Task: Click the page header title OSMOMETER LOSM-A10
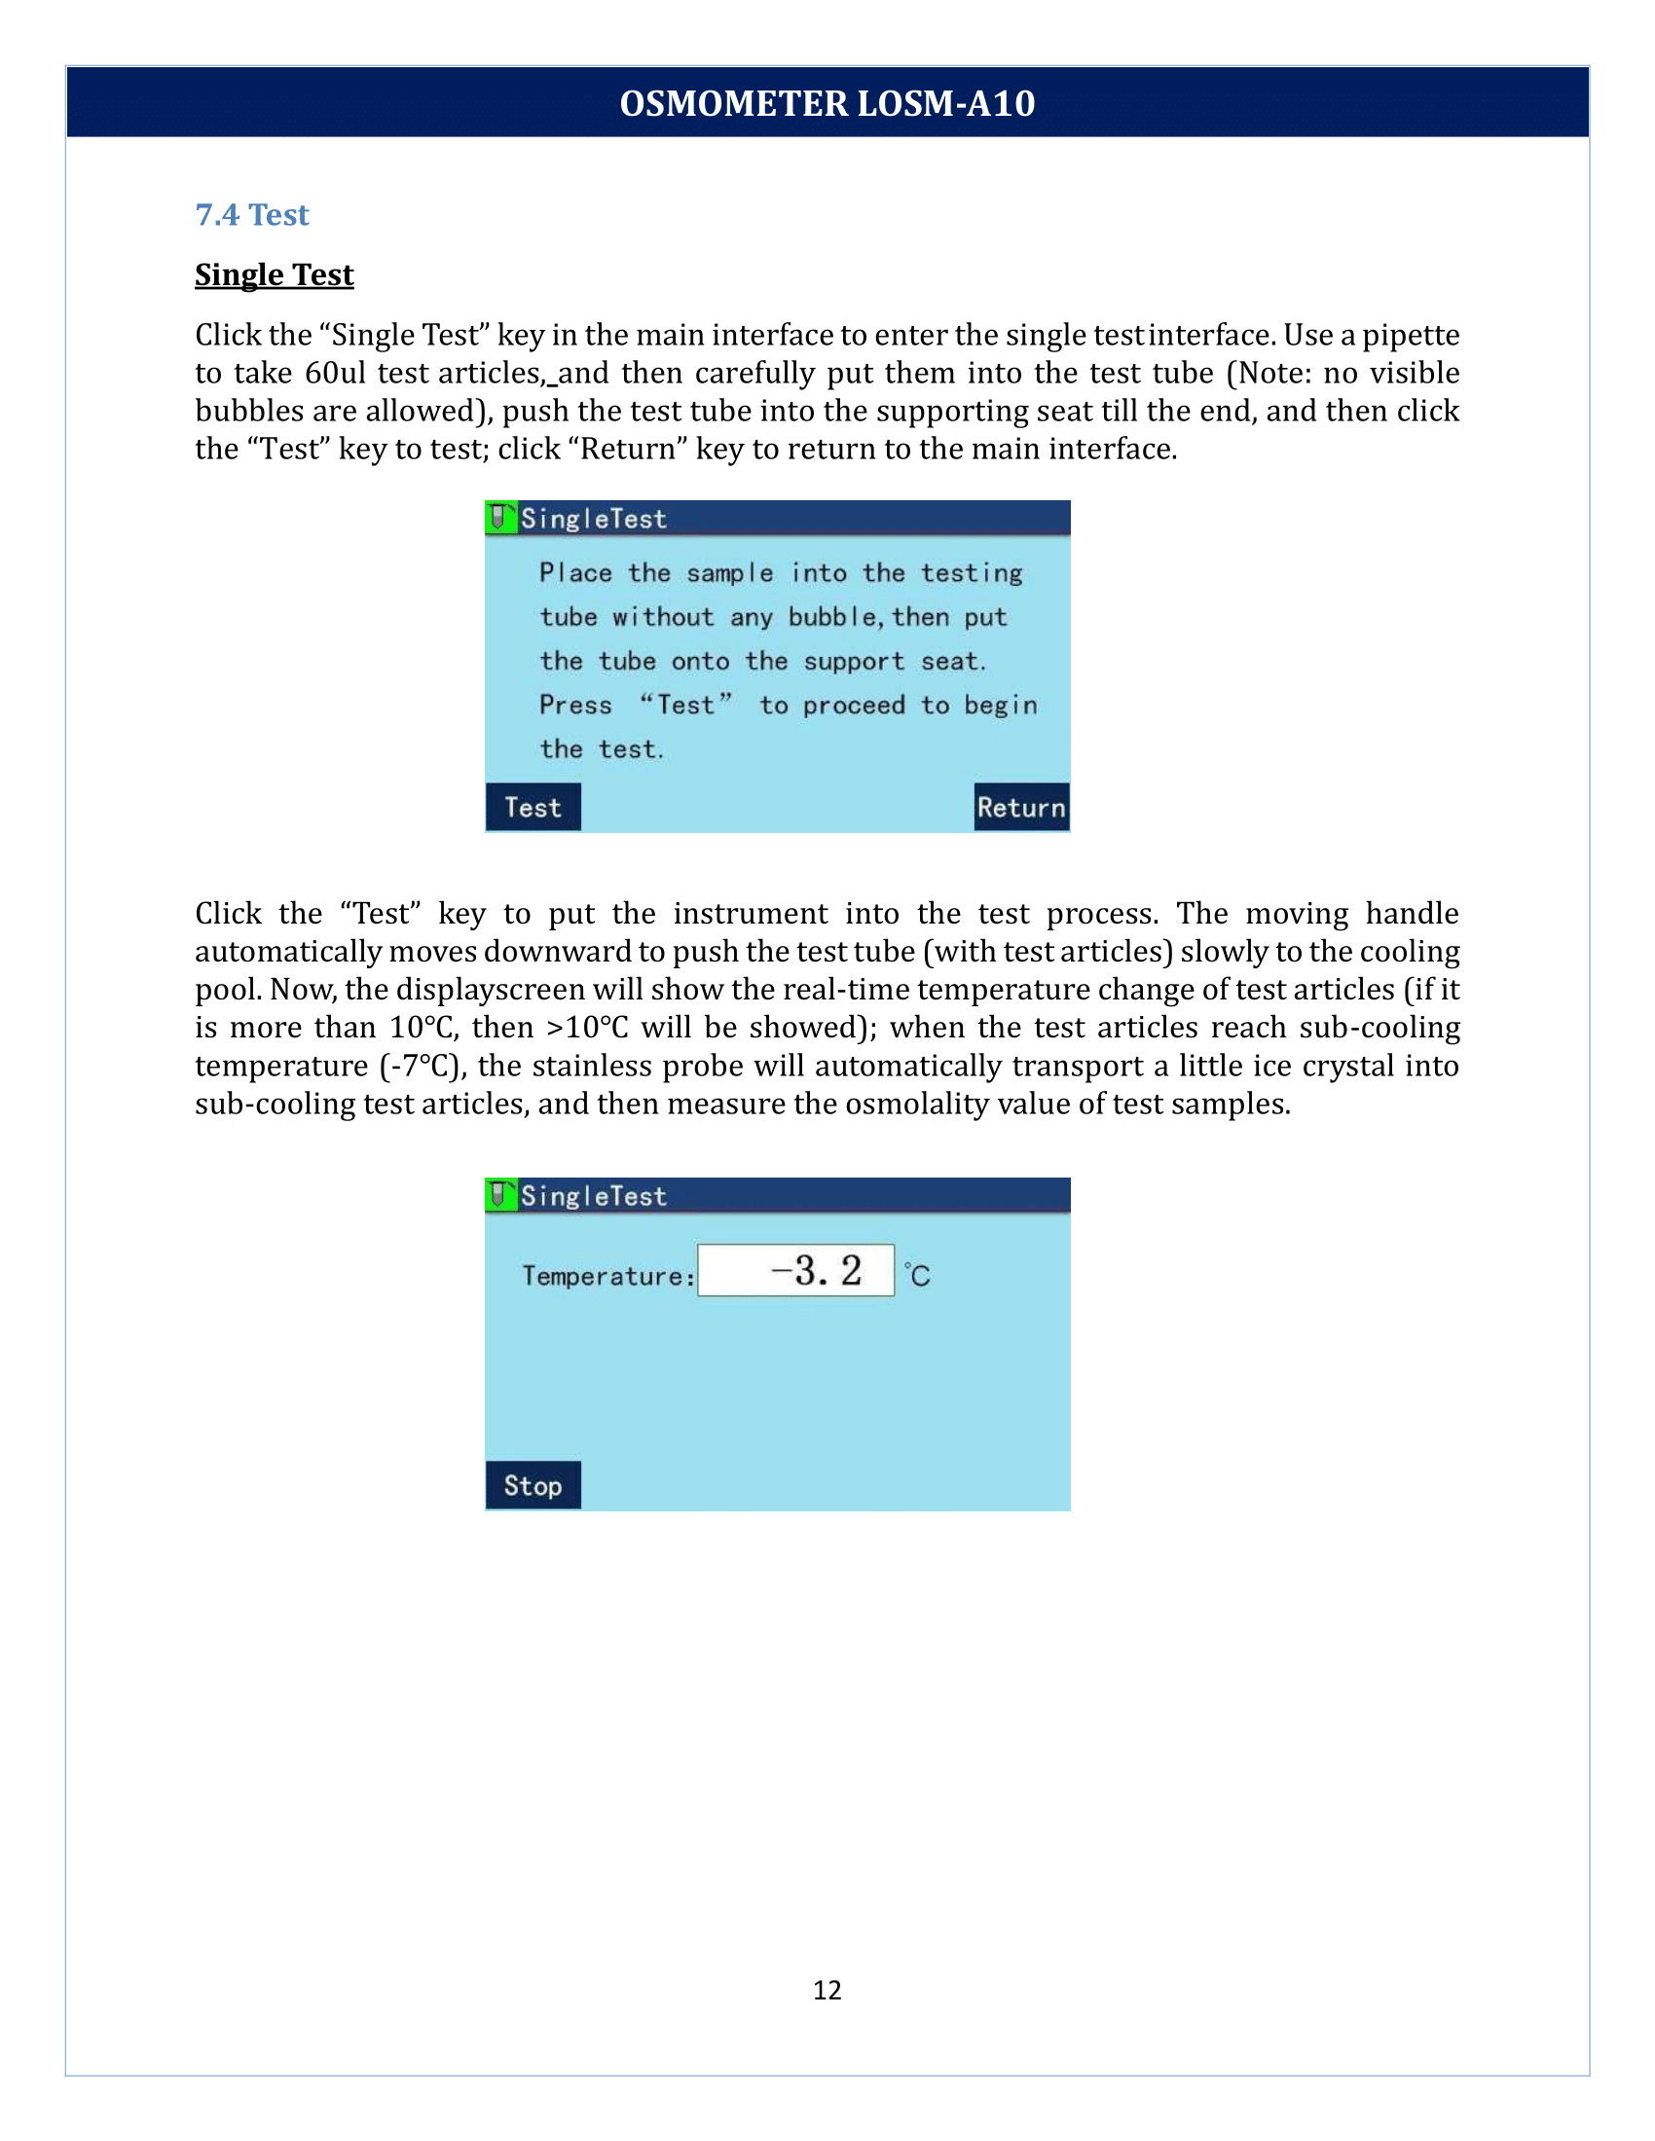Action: (827, 103)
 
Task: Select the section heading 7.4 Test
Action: (252, 215)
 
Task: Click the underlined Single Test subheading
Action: (274, 274)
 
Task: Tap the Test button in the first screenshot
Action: (533, 807)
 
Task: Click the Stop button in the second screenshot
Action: (533, 1485)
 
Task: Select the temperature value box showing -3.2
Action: (795, 1270)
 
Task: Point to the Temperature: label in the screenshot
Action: (607, 1276)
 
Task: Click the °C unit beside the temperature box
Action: (918, 1275)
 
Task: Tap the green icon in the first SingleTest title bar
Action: (500, 517)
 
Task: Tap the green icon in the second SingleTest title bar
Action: (500, 1194)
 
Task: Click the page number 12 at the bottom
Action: (827, 1989)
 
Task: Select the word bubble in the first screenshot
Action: (832, 617)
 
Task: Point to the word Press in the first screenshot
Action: (575, 705)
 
